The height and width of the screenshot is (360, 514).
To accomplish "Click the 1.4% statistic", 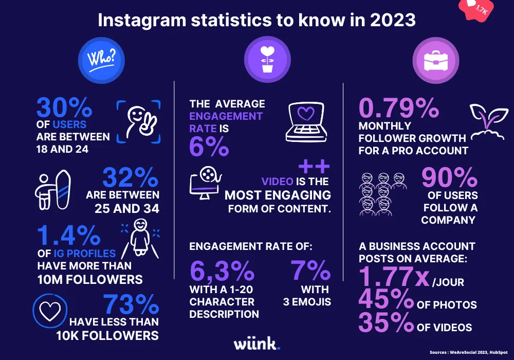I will [x=68, y=236].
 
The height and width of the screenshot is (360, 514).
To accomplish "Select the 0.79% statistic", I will [x=399, y=109].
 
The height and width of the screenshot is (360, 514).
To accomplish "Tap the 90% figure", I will [x=449, y=178].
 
